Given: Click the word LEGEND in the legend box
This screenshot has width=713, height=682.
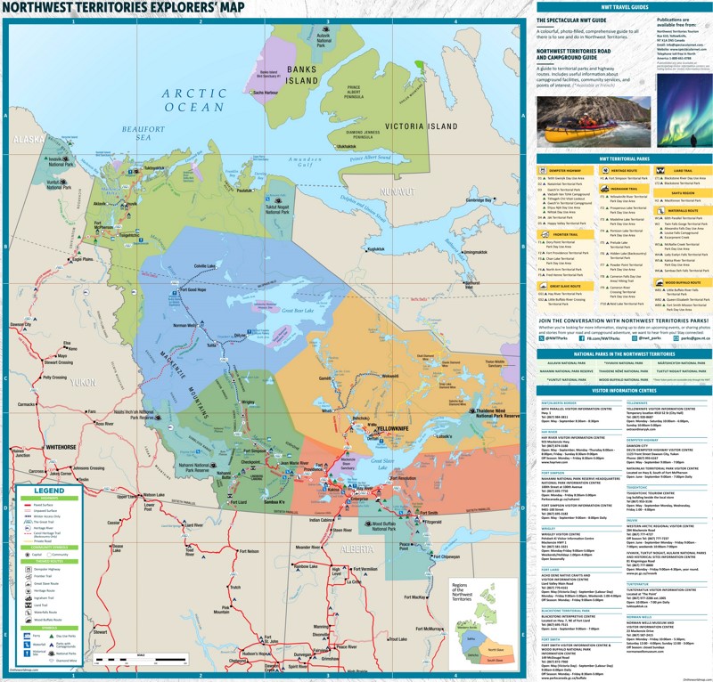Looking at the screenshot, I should point(49,491).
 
